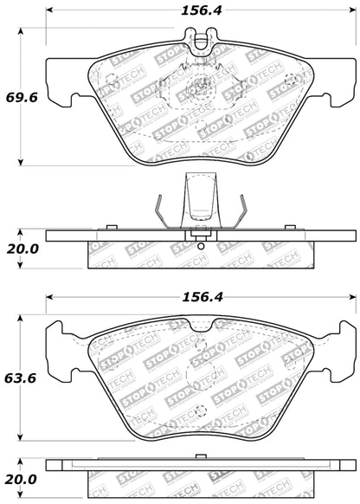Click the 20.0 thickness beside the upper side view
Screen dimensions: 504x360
point(19,249)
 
